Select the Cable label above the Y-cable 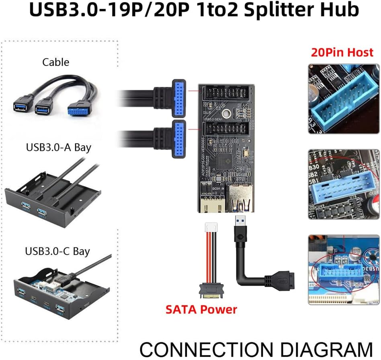coord(55,62)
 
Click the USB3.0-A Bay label coord(58,147)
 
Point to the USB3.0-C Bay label coord(57,251)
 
